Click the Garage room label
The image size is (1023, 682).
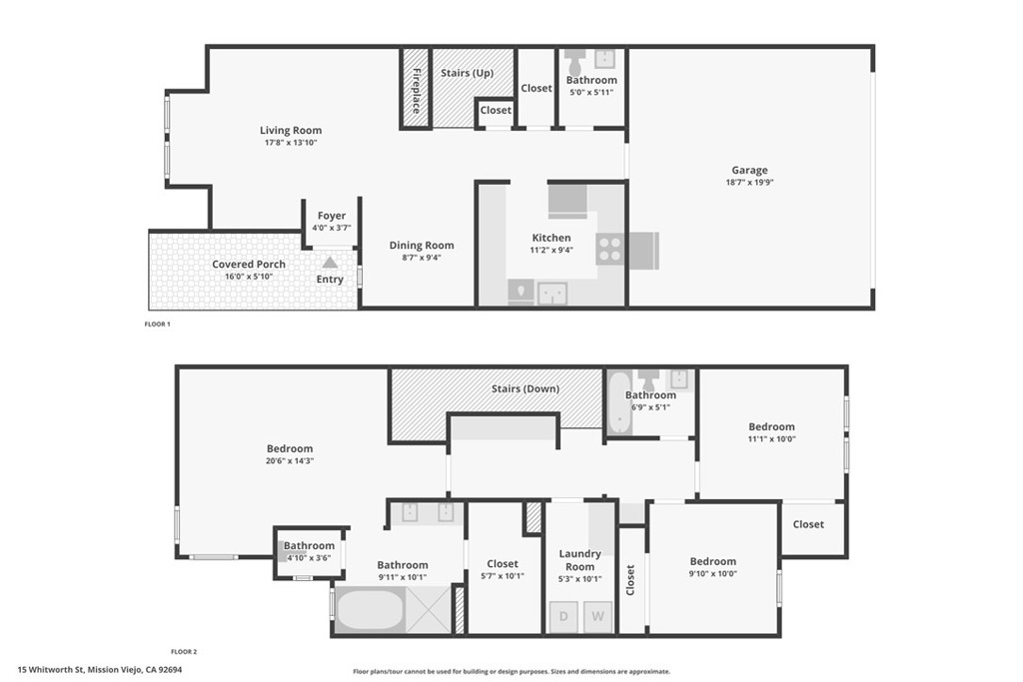pyautogui.click(x=749, y=170)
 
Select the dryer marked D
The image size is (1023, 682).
pyautogui.click(x=563, y=616)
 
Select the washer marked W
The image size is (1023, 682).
pyautogui.click(x=598, y=616)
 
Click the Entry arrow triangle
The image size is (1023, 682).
pyautogui.click(x=330, y=263)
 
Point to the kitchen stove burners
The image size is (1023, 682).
pyautogui.click(x=609, y=249)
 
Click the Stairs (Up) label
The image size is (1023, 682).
pyautogui.click(x=468, y=73)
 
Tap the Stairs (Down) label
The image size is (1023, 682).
pyautogui.click(x=525, y=388)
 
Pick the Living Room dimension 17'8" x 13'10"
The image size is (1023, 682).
pyautogui.click(x=291, y=143)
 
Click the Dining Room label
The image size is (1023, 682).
pyautogui.click(x=422, y=245)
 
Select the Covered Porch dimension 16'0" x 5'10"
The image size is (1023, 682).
pyautogui.click(x=249, y=277)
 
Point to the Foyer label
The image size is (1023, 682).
pyautogui.click(x=332, y=216)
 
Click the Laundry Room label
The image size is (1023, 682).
pyautogui.click(x=580, y=560)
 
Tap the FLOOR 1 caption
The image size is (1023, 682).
pyautogui.click(x=158, y=325)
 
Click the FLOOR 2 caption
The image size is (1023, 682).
pyautogui.click(x=184, y=651)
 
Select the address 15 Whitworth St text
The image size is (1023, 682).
pyautogui.click(x=100, y=671)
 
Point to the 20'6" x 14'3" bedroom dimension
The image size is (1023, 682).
pyautogui.click(x=290, y=461)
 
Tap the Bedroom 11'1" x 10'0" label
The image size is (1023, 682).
pyautogui.click(x=772, y=426)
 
